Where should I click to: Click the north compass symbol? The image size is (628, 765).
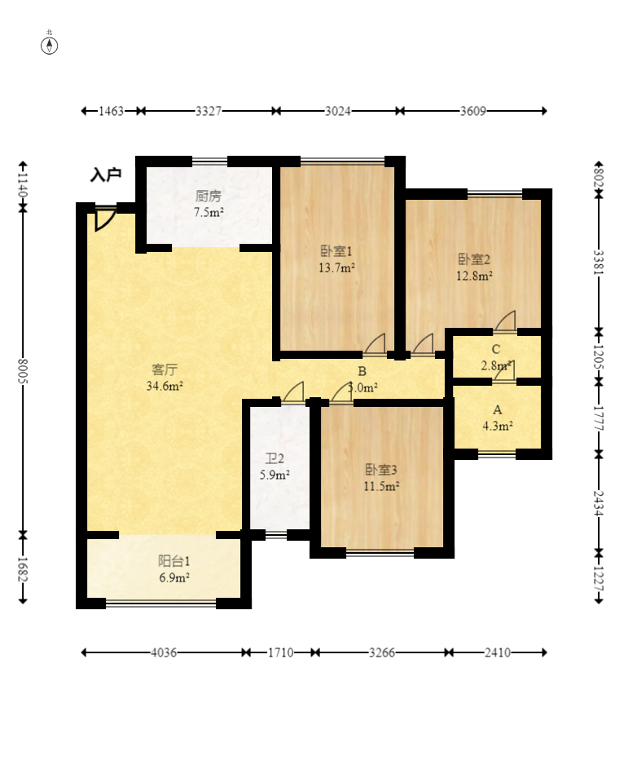49,46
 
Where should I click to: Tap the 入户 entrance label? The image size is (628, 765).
106,175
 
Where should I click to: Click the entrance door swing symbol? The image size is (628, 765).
105,219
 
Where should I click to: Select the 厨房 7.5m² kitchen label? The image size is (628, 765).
209,204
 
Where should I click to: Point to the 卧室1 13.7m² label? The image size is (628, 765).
336,259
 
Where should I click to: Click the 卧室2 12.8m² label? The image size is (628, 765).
474,268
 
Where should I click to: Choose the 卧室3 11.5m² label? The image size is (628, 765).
381,478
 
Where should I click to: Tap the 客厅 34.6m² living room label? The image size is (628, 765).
165,377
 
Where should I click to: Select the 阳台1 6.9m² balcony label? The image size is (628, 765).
174,569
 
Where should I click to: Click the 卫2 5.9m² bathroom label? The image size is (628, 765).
274,467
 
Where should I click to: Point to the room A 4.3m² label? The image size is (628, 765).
498,418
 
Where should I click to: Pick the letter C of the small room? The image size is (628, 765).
496,349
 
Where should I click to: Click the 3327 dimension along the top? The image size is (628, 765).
209,111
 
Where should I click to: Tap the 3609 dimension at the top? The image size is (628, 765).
473,111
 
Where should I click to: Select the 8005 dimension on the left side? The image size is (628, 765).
23,371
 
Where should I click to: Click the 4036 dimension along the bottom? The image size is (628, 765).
164,652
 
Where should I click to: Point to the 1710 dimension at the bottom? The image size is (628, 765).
281,652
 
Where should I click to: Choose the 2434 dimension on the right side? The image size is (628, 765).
599,503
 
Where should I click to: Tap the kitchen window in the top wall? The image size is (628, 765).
209,161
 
